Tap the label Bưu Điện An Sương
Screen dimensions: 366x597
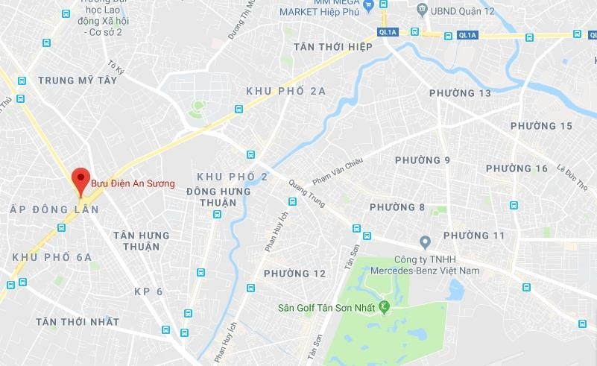pyautogui.click(x=133, y=183)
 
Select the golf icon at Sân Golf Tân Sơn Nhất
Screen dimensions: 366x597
pyautogui.click(x=385, y=306)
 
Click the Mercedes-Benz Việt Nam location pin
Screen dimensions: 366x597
pyautogui.click(x=425, y=242)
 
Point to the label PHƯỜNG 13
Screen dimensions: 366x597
pyautogui.click(x=460, y=93)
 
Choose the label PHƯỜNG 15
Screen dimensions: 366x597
pyautogui.click(x=541, y=126)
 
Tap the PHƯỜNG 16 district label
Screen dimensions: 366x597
pyautogui.click(x=517, y=168)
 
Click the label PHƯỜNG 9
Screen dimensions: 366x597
pyautogui.click(x=423, y=160)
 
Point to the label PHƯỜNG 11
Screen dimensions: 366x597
pyautogui.click(x=474, y=236)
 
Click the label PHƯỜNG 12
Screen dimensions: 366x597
pyautogui.click(x=294, y=274)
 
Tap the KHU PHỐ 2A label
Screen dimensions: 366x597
pyautogui.click(x=286, y=91)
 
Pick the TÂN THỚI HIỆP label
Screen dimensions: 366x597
pyautogui.click(x=332, y=46)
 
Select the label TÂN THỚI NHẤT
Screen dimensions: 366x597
pyautogui.click(x=78, y=321)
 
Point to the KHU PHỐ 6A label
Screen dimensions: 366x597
pyautogui.click(x=52, y=257)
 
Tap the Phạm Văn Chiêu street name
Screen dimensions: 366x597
pyautogui.click(x=337, y=170)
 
